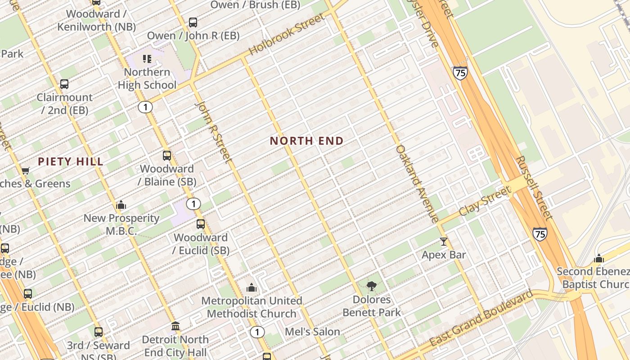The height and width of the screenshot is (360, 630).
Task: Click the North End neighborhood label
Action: [306, 141]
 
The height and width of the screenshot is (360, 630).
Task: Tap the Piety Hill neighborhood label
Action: [71, 162]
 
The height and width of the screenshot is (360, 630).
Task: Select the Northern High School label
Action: [147, 79]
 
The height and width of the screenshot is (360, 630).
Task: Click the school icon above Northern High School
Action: [147, 59]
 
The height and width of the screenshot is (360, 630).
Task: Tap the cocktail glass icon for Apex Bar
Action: [444, 242]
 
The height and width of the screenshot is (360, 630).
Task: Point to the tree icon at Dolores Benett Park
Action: [372, 286]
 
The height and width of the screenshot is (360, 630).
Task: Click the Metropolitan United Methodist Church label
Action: [252, 307]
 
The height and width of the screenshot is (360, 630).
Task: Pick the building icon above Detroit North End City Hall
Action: [175, 326]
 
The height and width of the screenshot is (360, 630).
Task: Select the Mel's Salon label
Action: [313, 332]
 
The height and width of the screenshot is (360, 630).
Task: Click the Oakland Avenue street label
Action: [417, 184]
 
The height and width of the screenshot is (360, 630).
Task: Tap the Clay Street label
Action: [485, 202]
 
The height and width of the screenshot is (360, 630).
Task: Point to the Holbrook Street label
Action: [286, 35]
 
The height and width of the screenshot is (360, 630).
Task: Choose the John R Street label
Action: [214, 131]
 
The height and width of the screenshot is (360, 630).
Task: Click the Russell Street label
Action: [534, 188]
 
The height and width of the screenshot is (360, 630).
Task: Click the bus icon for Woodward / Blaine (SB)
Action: [167, 156]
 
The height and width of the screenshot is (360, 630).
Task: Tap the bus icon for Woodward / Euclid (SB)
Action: [201, 224]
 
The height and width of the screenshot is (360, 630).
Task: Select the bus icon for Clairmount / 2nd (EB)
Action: [64, 84]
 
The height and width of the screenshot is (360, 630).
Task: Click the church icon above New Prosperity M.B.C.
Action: [121, 205]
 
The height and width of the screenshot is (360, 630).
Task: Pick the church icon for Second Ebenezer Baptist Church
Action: [598, 258]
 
